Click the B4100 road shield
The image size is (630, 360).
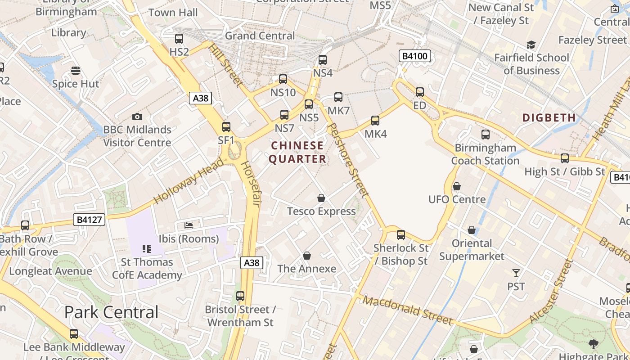pyautogui.click(x=415, y=56)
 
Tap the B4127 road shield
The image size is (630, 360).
pyautogui.click(x=90, y=220)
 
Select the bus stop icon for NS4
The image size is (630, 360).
pyautogui.click(x=323, y=60)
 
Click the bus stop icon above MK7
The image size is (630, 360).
pyautogui.click(x=338, y=97)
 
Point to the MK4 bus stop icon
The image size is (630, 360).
pyautogui.click(x=375, y=121)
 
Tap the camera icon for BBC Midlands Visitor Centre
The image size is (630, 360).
pyautogui.click(x=137, y=117)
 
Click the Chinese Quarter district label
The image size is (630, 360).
pyautogui.click(x=297, y=152)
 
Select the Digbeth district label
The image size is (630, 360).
pyautogui.click(x=549, y=118)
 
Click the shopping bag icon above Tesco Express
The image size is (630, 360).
pyautogui.click(x=321, y=198)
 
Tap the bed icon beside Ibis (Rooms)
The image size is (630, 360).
pyautogui.click(x=189, y=225)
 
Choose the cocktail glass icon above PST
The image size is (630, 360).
pyautogui.click(x=516, y=273)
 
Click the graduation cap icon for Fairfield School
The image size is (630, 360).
pyautogui.click(x=531, y=45)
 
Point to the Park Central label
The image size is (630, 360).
pyautogui.click(x=112, y=312)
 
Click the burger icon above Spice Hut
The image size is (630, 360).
pyautogui.click(x=76, y=71)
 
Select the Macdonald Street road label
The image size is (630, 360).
pyautogui.click(x=408, y=310)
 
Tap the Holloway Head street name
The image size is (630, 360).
pyautogui.click(x=188, y=181)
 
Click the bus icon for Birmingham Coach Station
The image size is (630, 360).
pyautogui.click(x=486, y=135)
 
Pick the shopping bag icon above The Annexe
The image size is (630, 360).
pyautogui.click(x=307, y=256)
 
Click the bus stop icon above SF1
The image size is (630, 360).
pyautogui.click(x=226, y=127)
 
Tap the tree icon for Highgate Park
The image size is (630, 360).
pyautogui.click(x=594, y=344)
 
